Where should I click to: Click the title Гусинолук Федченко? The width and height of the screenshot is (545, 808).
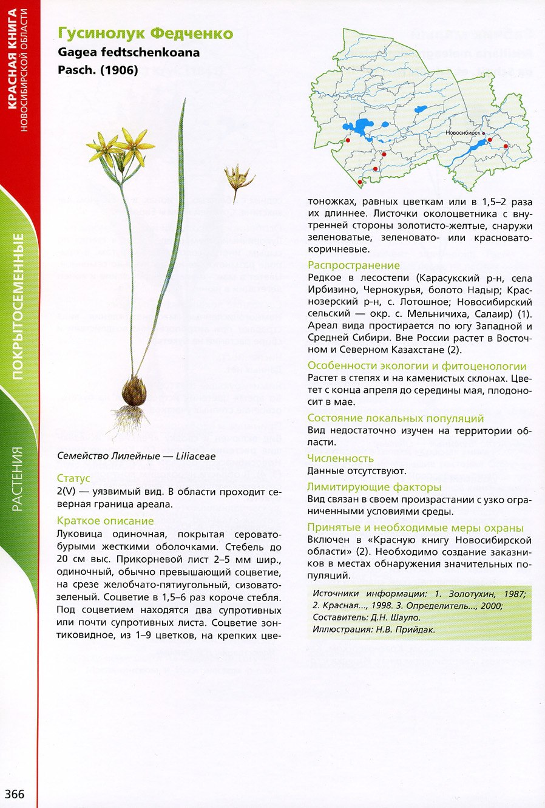click(x=145, y=33)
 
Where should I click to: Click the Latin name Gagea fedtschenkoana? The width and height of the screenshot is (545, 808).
click(x=129, y=52)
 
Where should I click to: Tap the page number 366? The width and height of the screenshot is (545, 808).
click(x=15, y=794)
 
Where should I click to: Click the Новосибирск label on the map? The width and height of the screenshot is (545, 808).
click(x=462, y=132)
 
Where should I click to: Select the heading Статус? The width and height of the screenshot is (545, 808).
click(x=73, y=478)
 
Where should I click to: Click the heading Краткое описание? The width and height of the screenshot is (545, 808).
click(x=105, y=521)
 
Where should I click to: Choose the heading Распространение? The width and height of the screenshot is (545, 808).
click(x=354, y=265)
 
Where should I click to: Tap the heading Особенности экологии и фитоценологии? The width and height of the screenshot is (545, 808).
click(x=417, y=366)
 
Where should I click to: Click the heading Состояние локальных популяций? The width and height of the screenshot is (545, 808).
click(x=396, y=418)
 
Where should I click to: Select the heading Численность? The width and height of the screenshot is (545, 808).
click(x=340, y=458)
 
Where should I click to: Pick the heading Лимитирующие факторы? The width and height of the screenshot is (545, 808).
click(x=374, y=487)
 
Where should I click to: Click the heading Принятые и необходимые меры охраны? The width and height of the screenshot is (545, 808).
click(x=415, y=528)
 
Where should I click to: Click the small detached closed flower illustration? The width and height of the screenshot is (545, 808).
click(x=238, y=178)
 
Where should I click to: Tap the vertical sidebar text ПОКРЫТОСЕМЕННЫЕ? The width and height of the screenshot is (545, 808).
click(x=19, y=307)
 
